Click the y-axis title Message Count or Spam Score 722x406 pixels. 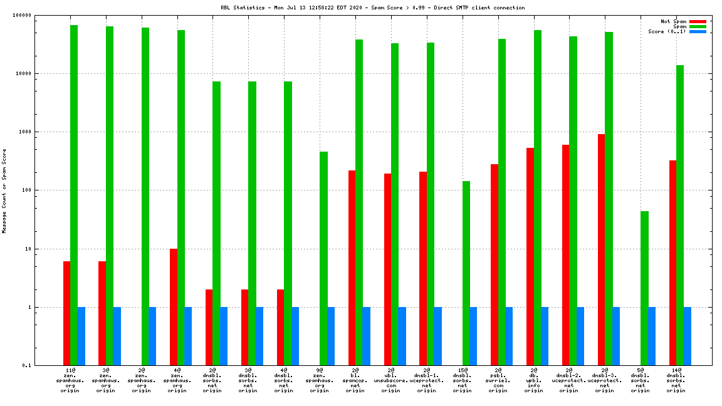tap(4, 190)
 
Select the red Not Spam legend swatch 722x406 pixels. tap(698, 21)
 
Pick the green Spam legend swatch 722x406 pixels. tap(698, 26)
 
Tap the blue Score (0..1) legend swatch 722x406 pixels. tap(698, 31)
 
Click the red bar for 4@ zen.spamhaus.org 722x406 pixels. tap(174, 307)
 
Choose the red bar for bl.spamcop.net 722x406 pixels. tap(352, 268)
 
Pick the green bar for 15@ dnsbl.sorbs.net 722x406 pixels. tap(466, 273)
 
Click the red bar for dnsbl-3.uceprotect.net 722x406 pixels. tap(601, 249)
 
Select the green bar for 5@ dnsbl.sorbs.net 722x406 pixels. tap(644, 288)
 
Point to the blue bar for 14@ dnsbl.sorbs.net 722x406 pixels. tap(688, 336)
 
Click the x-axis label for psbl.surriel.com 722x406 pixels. tap(498, 380)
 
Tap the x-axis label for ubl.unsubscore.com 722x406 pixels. tap(391, 380)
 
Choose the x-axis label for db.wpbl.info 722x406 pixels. tap(534, 380)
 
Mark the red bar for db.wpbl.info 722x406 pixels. tap(530, 256)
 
